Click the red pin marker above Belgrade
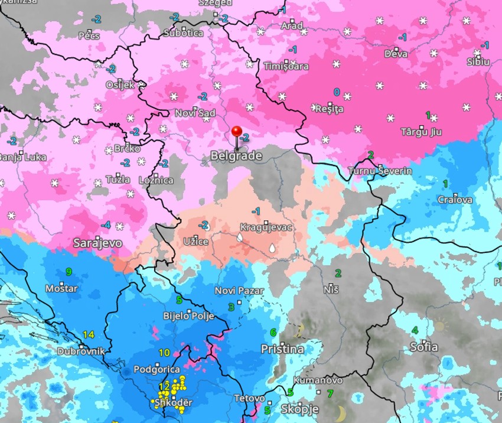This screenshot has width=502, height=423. click(237, 132)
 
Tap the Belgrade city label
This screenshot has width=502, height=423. click(236, 157)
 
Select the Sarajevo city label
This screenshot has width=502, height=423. click(98, 243)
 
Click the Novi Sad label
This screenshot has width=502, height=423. click(195, 113)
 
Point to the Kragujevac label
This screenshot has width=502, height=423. click(266, 227)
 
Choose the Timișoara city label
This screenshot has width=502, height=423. click(286, 66)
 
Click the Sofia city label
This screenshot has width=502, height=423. click(424, 347)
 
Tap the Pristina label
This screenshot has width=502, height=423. click(282, 349)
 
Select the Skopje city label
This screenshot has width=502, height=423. click(299, 409)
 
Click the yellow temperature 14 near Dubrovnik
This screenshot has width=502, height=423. click(89, 334)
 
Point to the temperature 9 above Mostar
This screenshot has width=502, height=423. click(69, 272)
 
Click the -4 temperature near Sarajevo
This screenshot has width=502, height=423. click(106, 225)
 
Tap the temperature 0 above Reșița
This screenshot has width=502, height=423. click(337, 92)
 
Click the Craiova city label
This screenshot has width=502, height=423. click(455, 200)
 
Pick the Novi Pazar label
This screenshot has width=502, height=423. click(239, 291)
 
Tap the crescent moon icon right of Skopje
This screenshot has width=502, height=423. click(341, 411)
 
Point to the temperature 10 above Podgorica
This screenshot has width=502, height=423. click(165, 353)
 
